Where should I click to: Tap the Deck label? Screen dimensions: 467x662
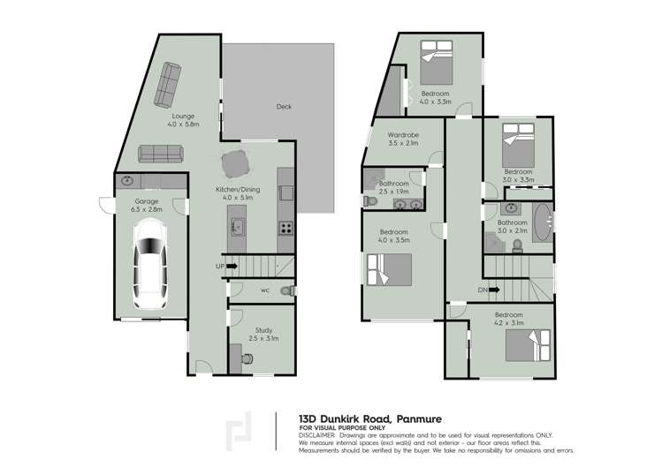click(284, 107)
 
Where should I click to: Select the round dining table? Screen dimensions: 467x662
click(236, 165)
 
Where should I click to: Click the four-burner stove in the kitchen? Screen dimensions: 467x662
click(286, 228)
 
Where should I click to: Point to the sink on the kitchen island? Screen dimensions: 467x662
click(239, 227)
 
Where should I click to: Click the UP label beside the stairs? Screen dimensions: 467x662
click(219, 266)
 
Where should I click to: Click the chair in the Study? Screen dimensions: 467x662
click(248, 358)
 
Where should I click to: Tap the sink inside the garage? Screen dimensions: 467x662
click(129, 181)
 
